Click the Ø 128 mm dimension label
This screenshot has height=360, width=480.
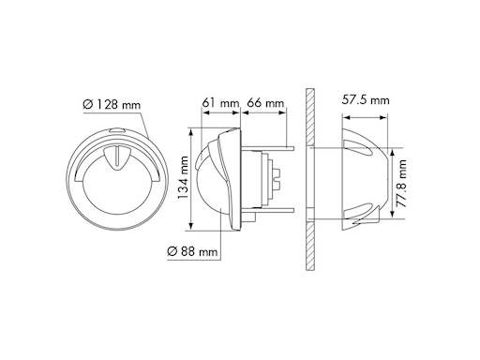point(112,104)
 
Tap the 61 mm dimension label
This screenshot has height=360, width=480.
point(220,103)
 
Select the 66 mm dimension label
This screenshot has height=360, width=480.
point(265,103)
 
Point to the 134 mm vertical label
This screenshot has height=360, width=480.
point(183,177)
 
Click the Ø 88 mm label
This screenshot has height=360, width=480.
point(192,251)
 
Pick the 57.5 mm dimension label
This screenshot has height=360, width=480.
point(366,100)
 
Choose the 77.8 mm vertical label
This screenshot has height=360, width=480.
point(401,184)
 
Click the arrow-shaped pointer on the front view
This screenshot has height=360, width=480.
point(116,157)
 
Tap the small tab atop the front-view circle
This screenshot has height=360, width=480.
point(116,131)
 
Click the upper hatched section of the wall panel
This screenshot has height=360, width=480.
point(310,117)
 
